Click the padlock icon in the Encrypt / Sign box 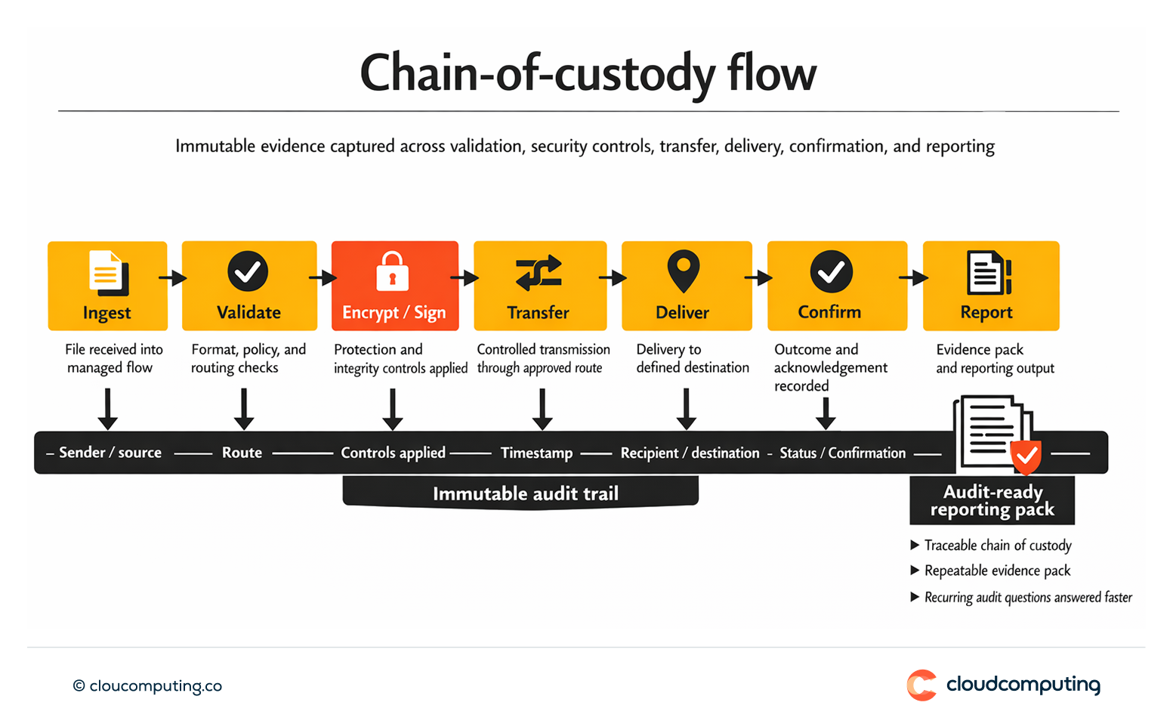tap(392, 271)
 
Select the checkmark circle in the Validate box tap(248, 271)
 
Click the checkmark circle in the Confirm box tap(831, 271)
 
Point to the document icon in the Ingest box tap(108, 272)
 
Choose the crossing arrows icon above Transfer tap(539, 273)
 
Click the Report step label tap(986, 312)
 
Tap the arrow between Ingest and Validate tap(173, 278)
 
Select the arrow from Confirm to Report tap(914, 278)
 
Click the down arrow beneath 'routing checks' tap(243, 409)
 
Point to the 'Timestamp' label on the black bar tap(536, 453)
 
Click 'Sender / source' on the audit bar tap(110, 453)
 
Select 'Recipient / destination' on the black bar tap(690, 453)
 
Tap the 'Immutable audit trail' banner tap(525, 493)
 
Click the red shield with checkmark tap(1026, 456)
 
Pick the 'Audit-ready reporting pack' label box tap(992, 500)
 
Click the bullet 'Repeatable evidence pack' tap(997, 571)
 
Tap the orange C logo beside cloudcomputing tap(921, 685)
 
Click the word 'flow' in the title tap(771, 74)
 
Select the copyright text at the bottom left tap(147, 685)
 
